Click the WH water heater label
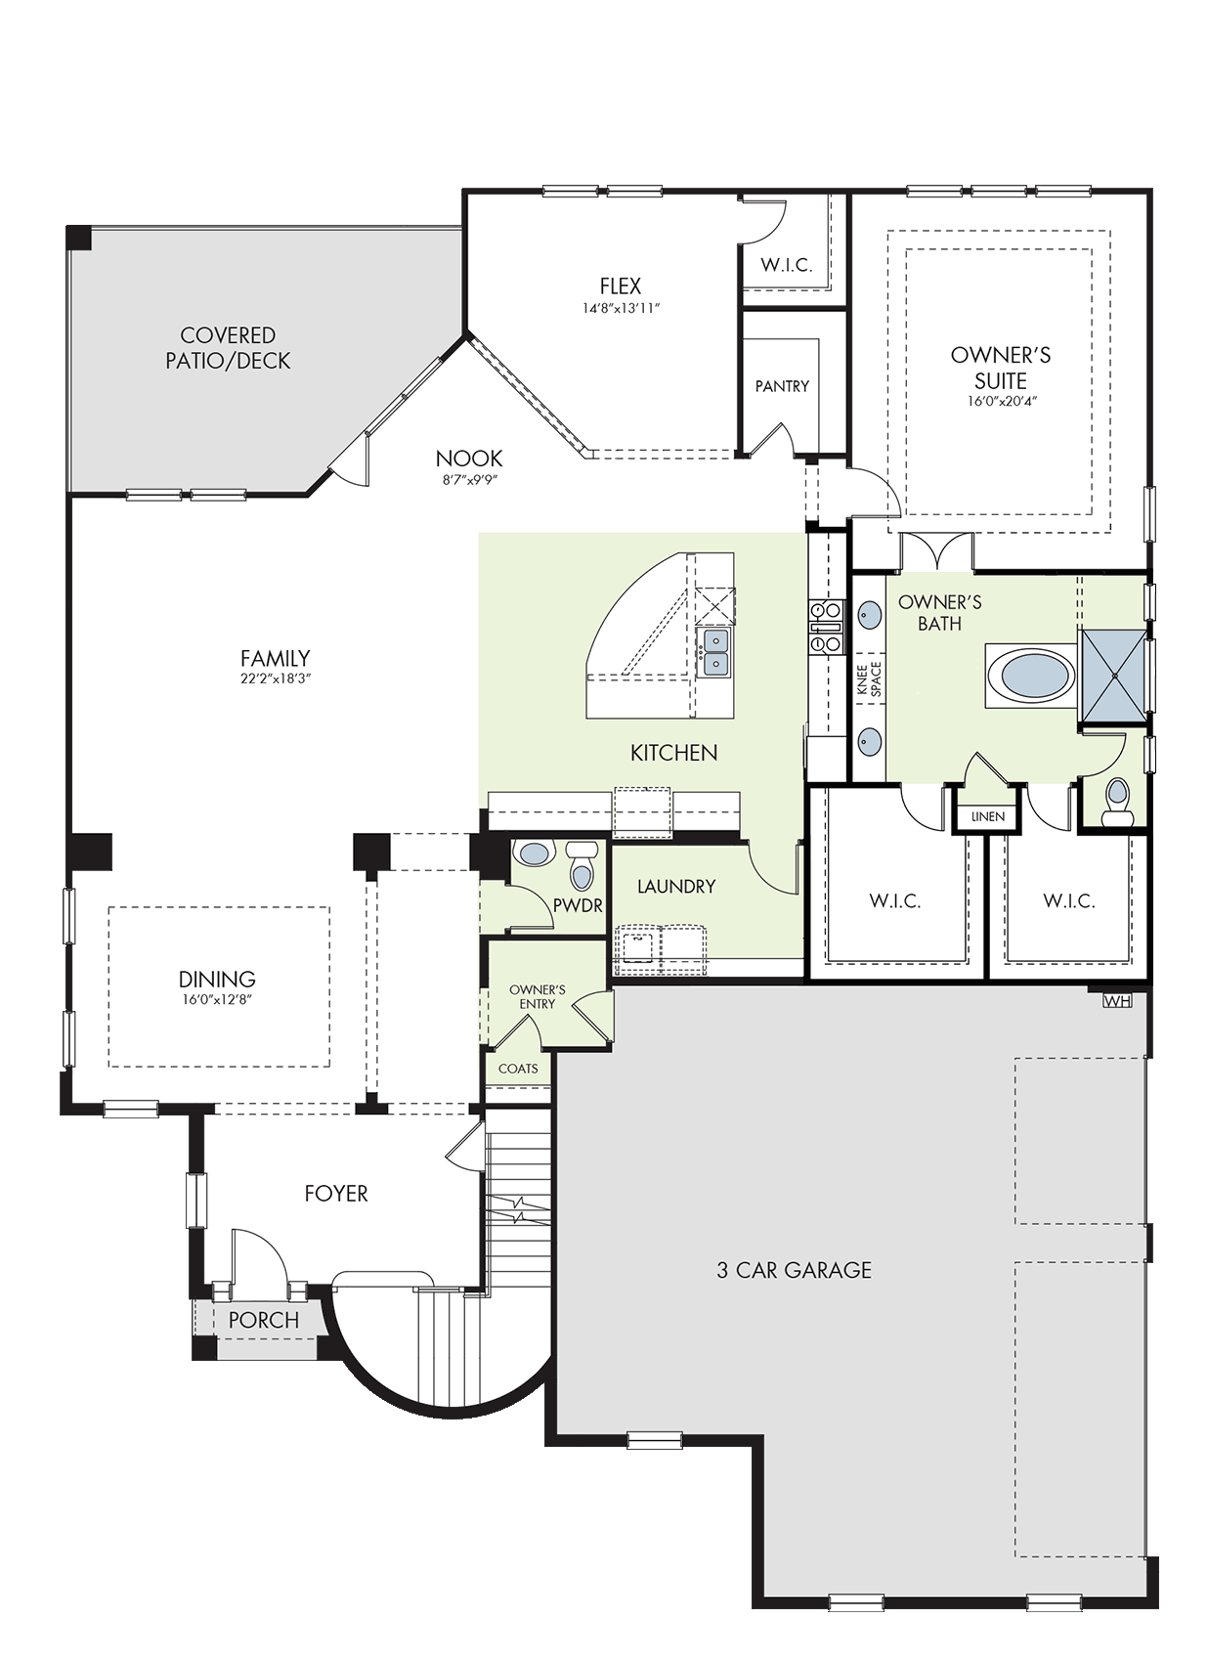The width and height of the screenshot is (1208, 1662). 1117,1001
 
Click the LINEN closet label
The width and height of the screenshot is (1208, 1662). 988,817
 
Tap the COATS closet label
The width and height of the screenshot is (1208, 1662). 518,1069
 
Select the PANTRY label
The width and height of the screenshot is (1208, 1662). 782,386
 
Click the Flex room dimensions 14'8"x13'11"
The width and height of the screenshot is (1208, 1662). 621,308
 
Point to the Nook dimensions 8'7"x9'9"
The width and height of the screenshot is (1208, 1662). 469,479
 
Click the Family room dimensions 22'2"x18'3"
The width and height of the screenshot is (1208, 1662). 275,678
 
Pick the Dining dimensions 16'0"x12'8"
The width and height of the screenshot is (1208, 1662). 217,999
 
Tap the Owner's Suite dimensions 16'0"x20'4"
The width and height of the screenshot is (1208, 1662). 1001,402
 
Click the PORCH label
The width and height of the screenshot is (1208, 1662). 264,1320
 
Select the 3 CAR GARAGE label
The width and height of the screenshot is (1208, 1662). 794,1270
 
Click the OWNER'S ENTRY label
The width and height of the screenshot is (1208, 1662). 537,996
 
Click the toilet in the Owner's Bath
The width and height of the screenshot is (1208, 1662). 1117,803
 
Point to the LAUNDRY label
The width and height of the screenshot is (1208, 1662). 676,886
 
